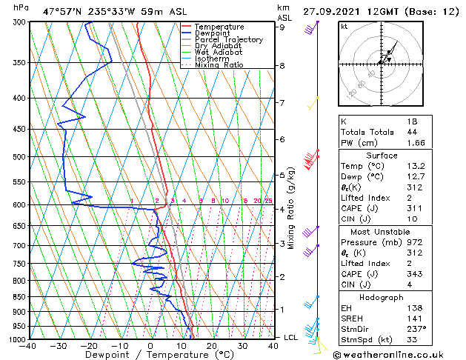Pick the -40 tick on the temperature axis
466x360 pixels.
pyautogui.click(x=29, y=346)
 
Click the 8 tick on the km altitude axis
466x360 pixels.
pyautogui.click(x=282, y=66)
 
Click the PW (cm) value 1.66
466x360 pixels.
pyautogui.click(x=413, y=142)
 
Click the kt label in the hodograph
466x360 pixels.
pyautogui.click(x=344, y=27)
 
